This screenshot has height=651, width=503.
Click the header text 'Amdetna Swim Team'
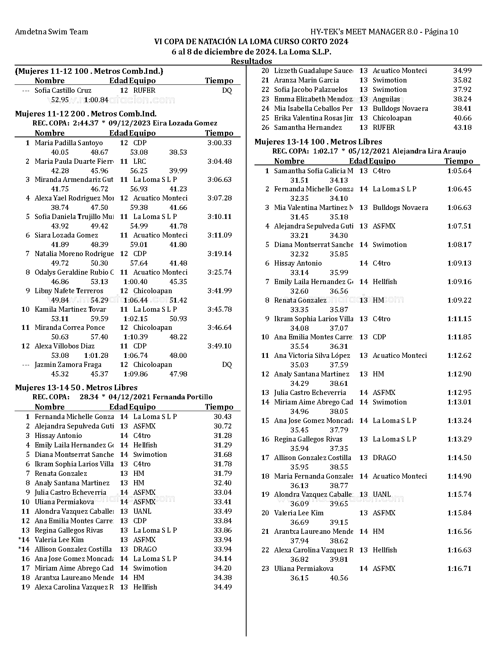[x=51, y=32]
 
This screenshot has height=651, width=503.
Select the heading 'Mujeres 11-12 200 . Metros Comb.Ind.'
[x=86, y=114]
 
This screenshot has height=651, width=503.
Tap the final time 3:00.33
[x=219, y=143]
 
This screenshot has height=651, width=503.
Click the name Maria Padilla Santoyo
[x=69, y=143]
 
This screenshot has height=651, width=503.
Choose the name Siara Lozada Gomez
[x=66, y=235]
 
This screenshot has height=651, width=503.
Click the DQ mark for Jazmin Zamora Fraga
[x=227, y=365]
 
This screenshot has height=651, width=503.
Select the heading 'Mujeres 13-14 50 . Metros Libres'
[x=76, y=387]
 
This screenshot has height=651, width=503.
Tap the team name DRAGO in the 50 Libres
[x=145, y=549]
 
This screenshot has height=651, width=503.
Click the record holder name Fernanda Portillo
[x=182, y=397]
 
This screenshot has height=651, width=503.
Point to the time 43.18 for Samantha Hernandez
[x=462, y=127]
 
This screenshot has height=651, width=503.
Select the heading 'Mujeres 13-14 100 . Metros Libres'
[x=318, y=142]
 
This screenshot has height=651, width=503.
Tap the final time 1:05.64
[x=459, y=171]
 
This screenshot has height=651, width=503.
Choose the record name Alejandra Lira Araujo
[x=429, y=151]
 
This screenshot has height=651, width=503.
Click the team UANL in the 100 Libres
[x=381, y=494]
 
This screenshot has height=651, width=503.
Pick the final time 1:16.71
[x=459, y=569]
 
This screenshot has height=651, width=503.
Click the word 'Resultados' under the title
[x=251, y=61]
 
